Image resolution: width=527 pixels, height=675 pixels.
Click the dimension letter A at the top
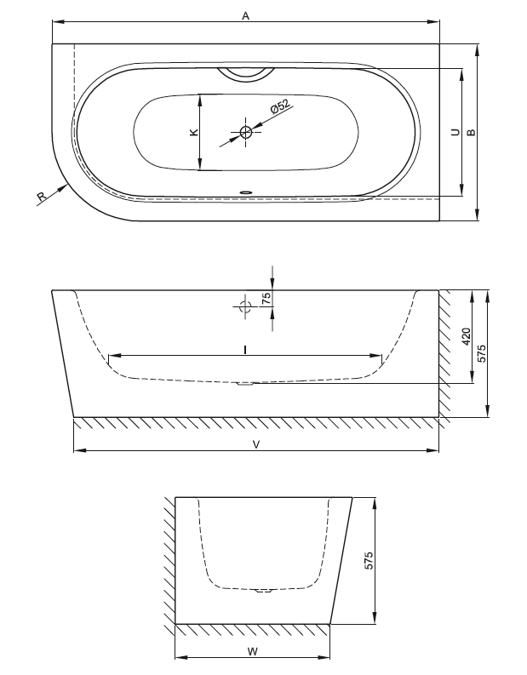coord(245,16)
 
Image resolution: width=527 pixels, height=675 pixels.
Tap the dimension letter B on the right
coord(472,132)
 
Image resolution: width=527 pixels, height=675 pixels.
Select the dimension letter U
coord(455,132)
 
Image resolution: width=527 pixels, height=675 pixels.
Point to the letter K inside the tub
coord(194,132)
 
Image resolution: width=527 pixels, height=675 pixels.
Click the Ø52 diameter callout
coord(280,106)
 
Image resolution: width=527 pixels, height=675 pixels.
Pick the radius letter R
coord(42,197)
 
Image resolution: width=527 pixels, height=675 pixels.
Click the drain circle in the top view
coord(246,132)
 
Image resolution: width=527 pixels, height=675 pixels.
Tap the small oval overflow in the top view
coord(246,192)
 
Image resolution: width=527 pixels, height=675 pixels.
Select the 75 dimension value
coord(267,298)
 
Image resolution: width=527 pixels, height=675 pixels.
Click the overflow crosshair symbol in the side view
coord(245,306)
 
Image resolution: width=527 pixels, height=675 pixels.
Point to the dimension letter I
coord(245,350)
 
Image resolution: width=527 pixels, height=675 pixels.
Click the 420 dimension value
coord(467,336)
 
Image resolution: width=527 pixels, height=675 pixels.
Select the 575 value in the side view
coord(482,353)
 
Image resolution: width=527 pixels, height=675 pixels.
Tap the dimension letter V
coord(256,444)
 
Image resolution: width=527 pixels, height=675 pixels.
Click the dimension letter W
coord(253,651)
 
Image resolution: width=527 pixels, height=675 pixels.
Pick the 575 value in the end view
coord(369,560)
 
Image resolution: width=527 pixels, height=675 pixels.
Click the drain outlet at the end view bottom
coord(263,590)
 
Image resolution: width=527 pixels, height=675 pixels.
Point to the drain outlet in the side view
coord(245,384)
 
